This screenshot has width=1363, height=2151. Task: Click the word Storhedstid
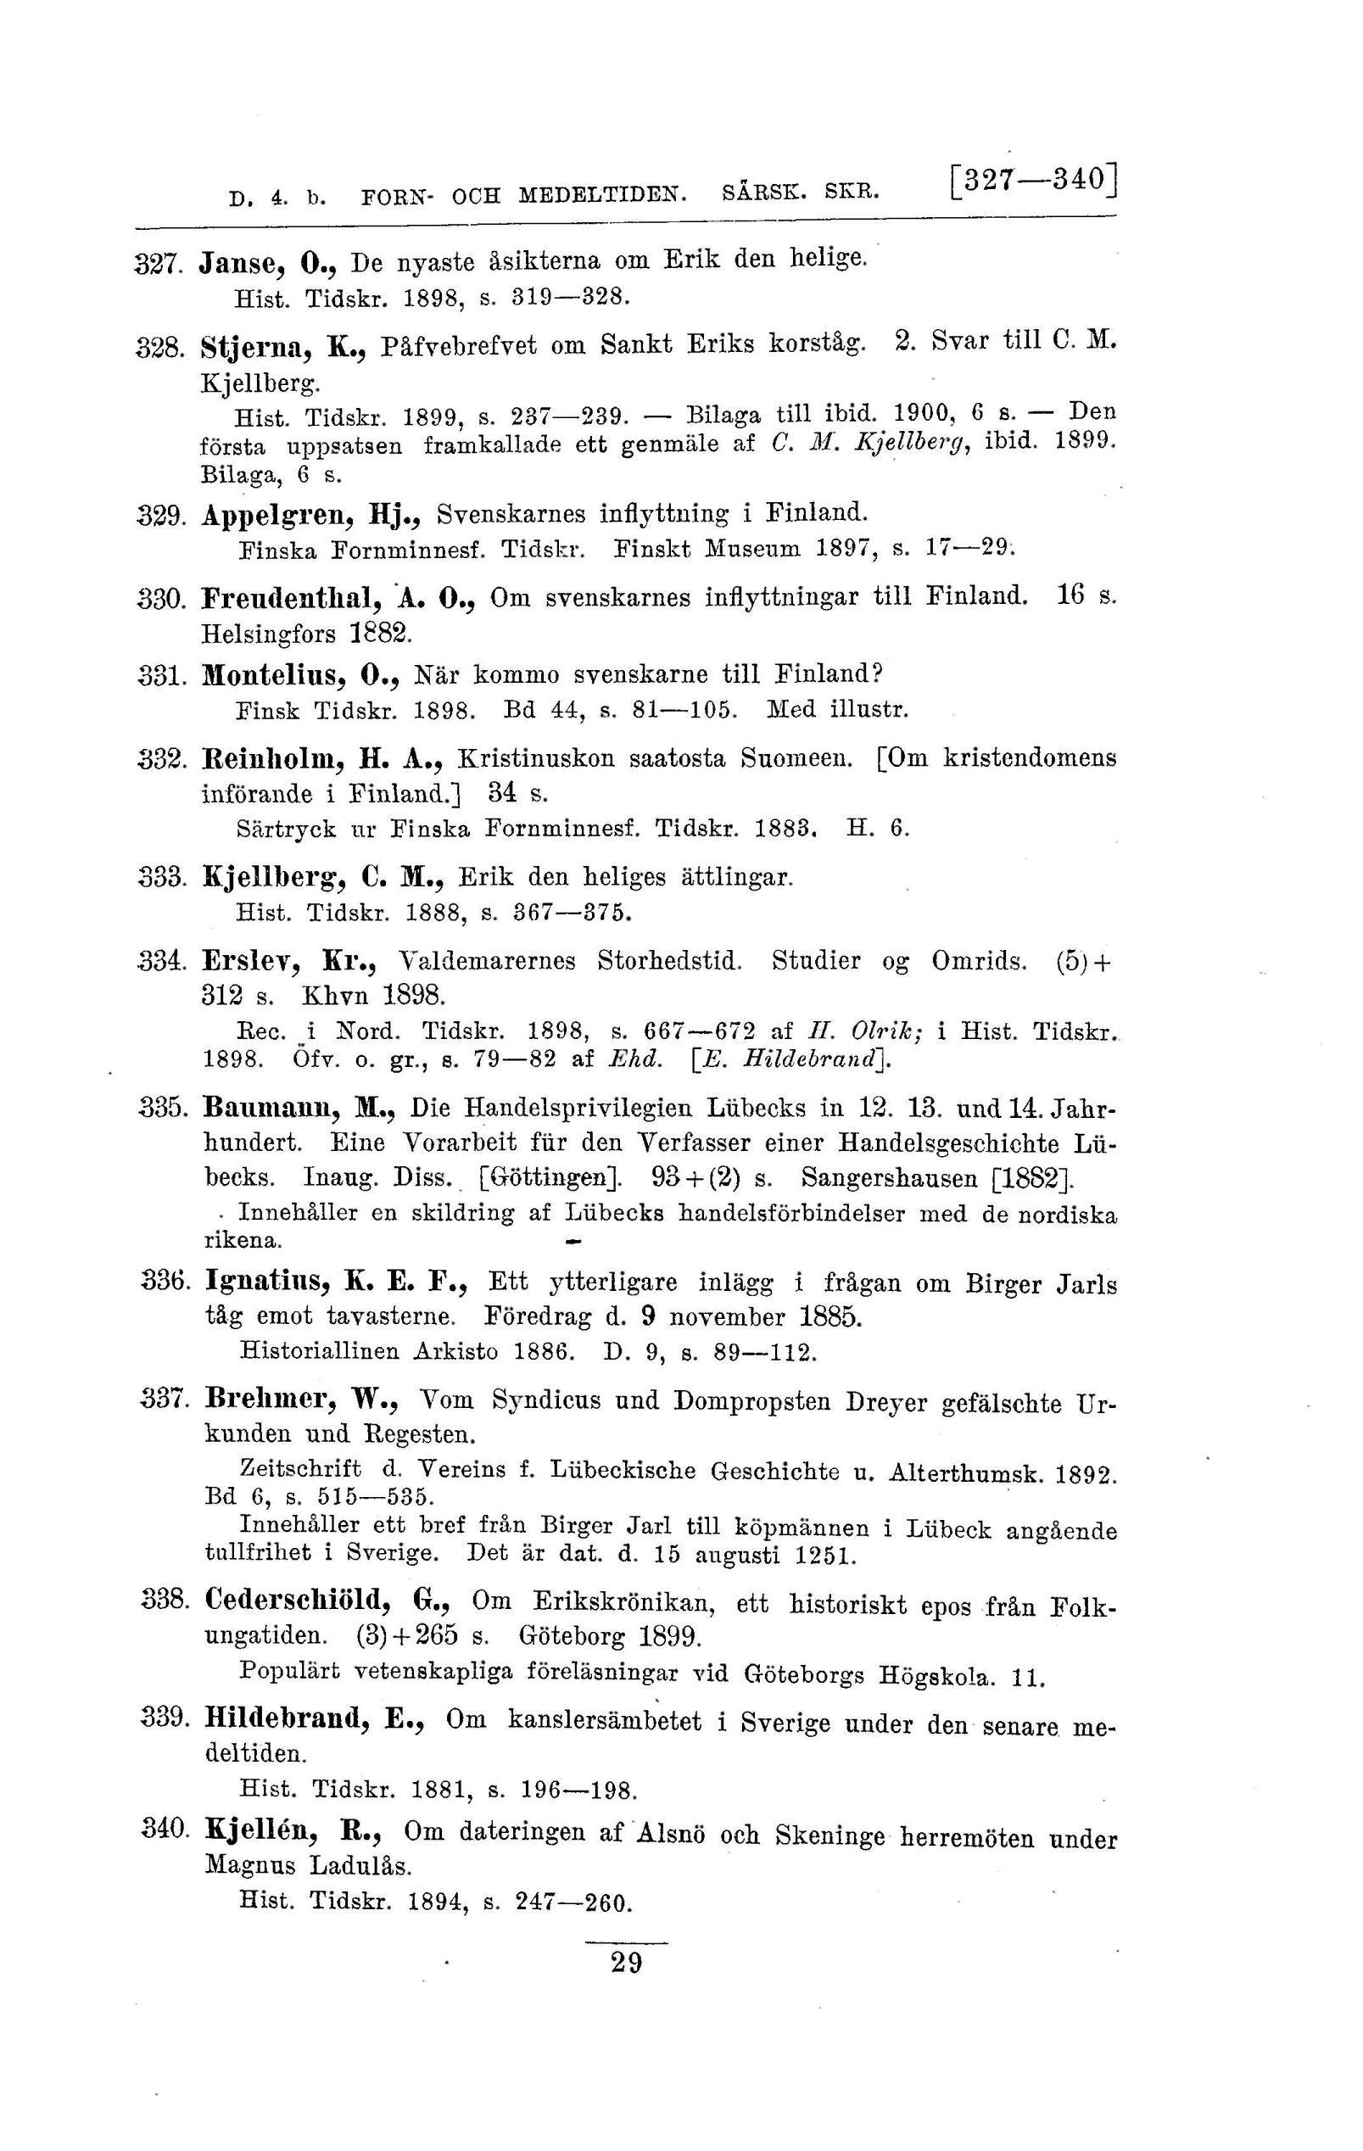[x=670, y=961]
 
